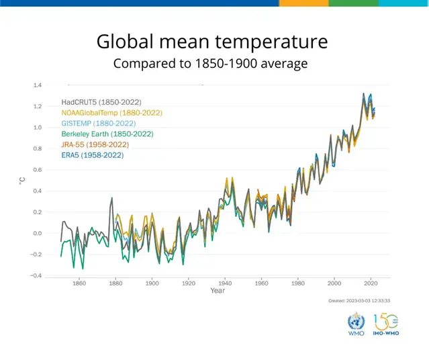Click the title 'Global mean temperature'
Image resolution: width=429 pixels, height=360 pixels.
pos(212,42)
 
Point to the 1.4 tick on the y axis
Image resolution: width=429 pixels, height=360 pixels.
pos(37,85)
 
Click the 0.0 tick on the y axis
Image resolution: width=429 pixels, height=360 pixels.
pos(37,234)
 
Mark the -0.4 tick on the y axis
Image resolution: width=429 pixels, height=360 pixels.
pos(36,276)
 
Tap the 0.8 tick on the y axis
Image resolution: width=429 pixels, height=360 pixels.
pos(37,148)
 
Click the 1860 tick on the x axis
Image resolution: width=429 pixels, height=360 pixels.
pos(79,283)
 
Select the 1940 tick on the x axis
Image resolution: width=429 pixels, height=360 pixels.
pos(225,283)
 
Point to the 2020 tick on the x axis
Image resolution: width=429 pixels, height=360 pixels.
pos(371,283)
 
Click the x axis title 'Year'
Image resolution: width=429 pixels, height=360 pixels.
pos(218,291)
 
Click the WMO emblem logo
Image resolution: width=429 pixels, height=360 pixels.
pos(355,324)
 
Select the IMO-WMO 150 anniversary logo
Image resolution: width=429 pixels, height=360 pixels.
pos(386,323)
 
